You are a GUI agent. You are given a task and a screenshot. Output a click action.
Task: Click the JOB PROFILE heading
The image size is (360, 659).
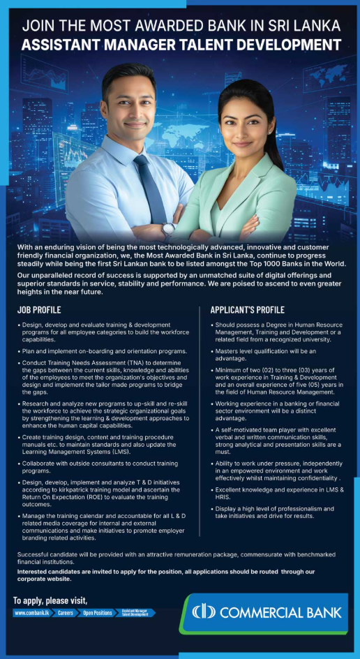coord(38,310)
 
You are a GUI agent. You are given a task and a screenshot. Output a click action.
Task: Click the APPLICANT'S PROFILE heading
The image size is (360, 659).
coord(247,310)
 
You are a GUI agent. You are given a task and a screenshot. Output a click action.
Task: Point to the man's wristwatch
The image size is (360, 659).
coord(168,229)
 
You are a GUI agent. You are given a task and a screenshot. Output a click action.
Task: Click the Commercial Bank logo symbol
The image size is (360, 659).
coord(205,612)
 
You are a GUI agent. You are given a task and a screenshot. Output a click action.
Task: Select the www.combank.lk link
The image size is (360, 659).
coord(32,613)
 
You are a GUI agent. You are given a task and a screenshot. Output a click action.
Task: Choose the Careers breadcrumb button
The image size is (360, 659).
coord(65,613)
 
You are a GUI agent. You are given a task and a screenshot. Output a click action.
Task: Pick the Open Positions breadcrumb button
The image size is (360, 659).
coord(97,613)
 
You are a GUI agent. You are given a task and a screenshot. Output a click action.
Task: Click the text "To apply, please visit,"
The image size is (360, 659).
coord(50,600)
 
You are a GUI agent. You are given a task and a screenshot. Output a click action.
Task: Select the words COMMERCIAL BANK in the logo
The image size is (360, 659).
coord(280,612)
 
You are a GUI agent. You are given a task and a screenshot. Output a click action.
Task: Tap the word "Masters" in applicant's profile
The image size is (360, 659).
coord(230,351)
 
